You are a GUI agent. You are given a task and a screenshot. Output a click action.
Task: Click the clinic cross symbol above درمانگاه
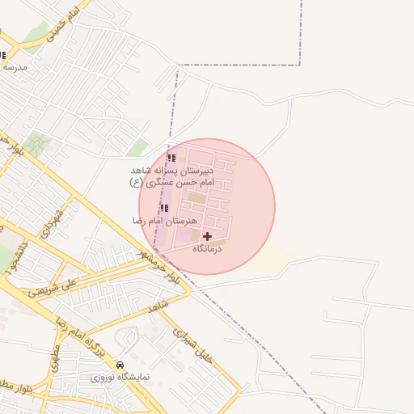(208, 236)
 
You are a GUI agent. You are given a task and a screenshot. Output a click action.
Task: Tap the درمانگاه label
(208, 250)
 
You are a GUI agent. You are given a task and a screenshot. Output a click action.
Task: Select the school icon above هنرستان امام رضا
(165, 208)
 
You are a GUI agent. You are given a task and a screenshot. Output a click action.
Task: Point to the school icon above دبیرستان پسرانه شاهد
(171, 158)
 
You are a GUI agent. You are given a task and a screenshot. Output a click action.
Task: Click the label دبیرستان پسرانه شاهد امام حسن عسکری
(171, 178)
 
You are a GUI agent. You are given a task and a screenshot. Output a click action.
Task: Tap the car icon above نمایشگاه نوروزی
(120, 365)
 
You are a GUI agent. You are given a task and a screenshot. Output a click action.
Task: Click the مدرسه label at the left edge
(15, 68)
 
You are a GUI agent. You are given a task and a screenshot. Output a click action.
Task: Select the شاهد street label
(157, 308)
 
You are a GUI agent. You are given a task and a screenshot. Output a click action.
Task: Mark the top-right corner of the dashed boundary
(300, 65)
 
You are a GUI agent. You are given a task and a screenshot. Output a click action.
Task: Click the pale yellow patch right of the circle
(271, 260)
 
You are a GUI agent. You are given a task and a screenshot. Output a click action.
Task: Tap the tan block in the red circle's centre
(196, 198)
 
